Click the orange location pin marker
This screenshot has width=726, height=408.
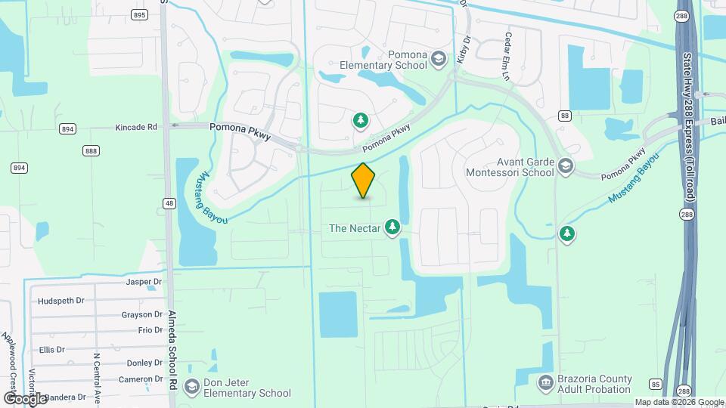364,181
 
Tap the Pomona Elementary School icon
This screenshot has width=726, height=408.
439,60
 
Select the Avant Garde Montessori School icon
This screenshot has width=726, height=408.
566,165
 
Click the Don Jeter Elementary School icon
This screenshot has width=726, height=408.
193,387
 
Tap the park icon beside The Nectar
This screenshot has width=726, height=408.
392,227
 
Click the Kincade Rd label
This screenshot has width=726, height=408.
136,127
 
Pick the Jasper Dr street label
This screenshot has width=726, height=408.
144,282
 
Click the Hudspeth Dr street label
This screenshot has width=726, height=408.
60,300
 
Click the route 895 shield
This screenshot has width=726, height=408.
138,14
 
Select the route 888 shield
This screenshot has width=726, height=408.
92,151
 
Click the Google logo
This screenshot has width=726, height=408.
24,398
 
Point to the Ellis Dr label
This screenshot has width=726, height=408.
52,350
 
